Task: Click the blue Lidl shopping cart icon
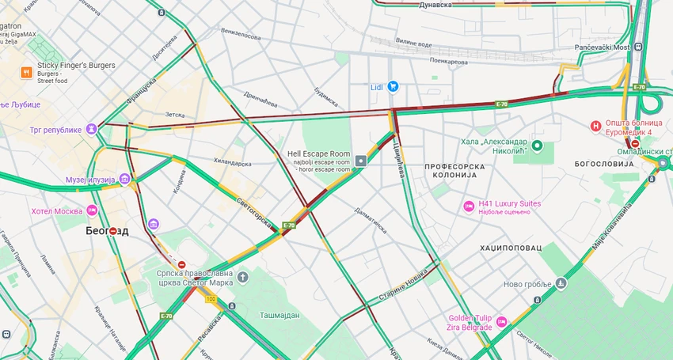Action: coord(392,86)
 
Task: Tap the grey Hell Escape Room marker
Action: coord(361,161)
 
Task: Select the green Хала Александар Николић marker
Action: coord(538,146)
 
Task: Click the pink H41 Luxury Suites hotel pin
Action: coord(469,207)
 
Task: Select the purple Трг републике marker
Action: coord(93,129)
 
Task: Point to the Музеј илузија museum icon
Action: coord(124,180)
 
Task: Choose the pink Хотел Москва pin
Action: coord(93,210)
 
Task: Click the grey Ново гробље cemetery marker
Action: coord(561,283)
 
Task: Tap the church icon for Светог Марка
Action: coord(242,277)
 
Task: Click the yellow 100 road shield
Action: coord(211,299)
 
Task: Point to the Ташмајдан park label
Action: coord(279,315)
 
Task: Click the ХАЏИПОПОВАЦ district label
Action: coord(511,248)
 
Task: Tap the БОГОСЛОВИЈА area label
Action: coord(605,163)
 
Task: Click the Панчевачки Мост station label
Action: coord(603,47)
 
